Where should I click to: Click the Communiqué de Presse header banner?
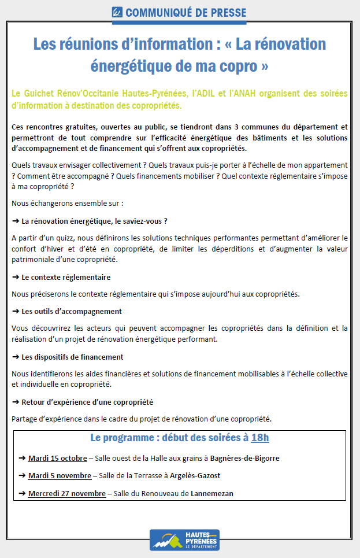click(x=179, y=12)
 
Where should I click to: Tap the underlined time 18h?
click(x=260, y=437)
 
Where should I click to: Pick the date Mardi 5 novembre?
click(x=60, y=476)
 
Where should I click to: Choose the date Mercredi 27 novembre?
click(x=66, y=494)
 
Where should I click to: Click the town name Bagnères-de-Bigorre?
click(x=245, y=459)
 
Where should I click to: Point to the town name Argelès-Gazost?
click(x=193, y=476)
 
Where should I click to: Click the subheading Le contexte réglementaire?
click(x=66, y=277)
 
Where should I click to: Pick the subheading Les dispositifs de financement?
click(x=72, y=357)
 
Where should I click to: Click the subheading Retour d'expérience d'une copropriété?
click(x=87, y=402)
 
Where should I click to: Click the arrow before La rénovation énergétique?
click(x=16, y=221)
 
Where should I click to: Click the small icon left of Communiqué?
click(x=117, y=12)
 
